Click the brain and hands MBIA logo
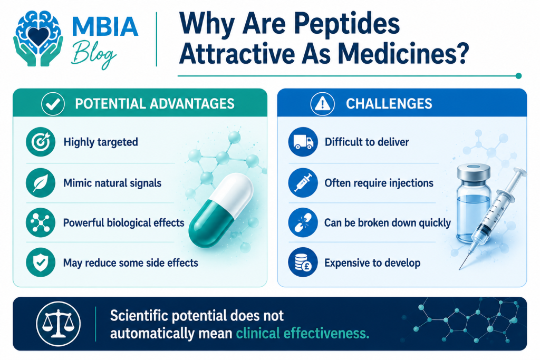pyautogui.click(x=38, y=38)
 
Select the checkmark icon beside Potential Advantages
pyautogui.click(x=53, y=104)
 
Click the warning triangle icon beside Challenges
pyautogui.click(x=322, y=104)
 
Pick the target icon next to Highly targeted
pyautogui.click(x=41, y=142)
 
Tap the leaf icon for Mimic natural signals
pyautogui.click(x=41, y=182)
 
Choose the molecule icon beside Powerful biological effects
pyautogui.click(x=41, y=222)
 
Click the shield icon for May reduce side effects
pyautogui.click(x=41, y=262)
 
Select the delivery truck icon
pyautogui.click(x=303, y=142)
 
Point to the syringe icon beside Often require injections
pyautogui.click(x=303, y=182)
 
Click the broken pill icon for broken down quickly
pyautogui.click(x=303, y=222)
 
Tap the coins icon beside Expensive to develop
pyautogui.click(x=303, y=262)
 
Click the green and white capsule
pyautogui.click(x=221, y=210)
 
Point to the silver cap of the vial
pyautogui.click(x=474, y=172)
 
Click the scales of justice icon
pyautogui.click(x=58, y=324)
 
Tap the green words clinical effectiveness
pyautogui.click(x=303, y=334)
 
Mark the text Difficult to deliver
pyautogui.click(x=367, y=142)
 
